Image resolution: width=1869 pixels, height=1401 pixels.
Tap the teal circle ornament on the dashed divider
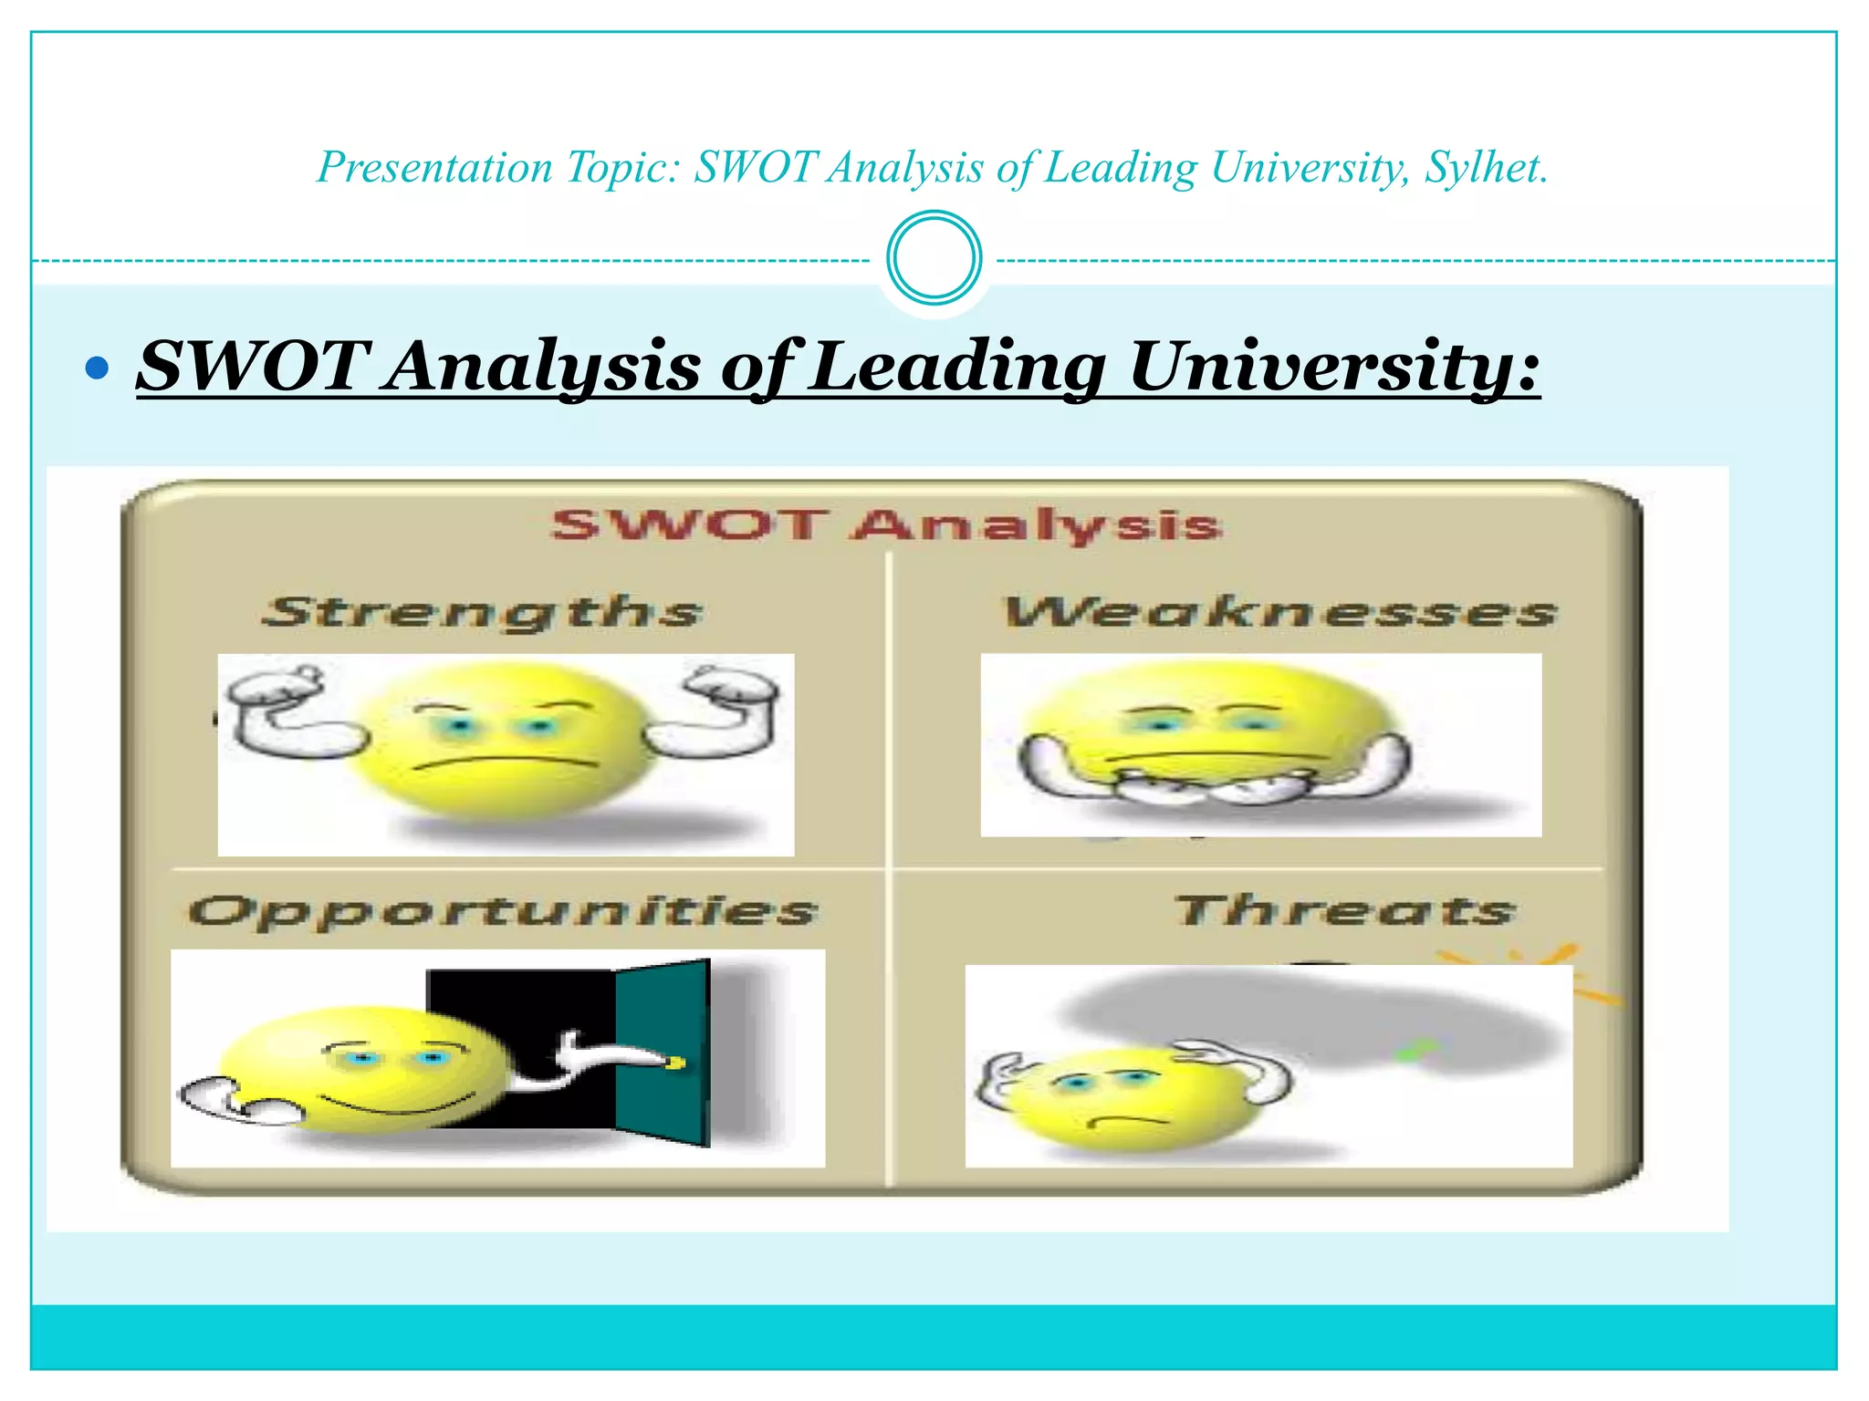934,257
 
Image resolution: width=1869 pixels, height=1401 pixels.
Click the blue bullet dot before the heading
96,368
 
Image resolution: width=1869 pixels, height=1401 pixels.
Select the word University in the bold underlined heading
1334,367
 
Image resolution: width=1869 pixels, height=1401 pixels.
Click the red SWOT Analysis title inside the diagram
885,524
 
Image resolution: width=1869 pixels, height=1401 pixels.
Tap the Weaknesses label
1279,612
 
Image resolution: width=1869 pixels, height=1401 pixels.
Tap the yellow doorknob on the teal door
676,1062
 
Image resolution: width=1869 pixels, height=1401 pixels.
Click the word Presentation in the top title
434,168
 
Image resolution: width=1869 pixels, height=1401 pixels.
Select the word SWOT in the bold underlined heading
254,367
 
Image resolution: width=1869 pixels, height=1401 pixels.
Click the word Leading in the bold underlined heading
958,367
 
